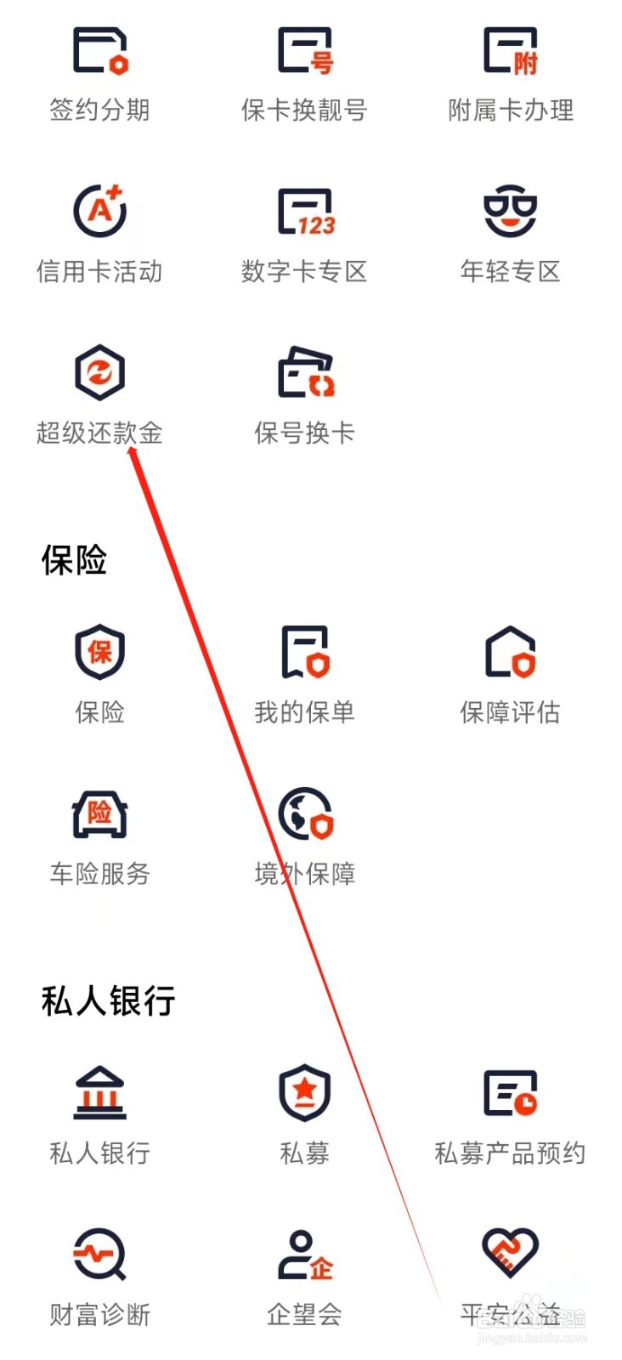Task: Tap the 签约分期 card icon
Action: coord(100,51)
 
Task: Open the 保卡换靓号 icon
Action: coord(305,51)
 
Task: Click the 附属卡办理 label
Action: coord(511,110)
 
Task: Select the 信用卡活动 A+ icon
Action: coord(100,211)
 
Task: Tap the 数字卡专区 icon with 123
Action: coord(305,212)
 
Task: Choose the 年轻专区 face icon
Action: coord(510,211)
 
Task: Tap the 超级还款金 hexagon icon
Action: coord(100,372)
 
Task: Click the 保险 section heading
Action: coord(74,560)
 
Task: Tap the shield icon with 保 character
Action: coord(100,651)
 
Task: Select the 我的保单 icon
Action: coord(305,652)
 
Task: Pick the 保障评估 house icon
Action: coord(510,652)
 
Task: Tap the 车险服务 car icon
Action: coord(100,813)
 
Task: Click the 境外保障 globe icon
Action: coord(305,813)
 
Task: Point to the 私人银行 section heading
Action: coord(108,1001)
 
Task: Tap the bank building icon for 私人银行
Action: coord(100,1092)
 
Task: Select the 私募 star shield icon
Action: coord(305,1092)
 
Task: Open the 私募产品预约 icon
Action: coord(510,1093)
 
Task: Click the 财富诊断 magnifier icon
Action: coord(100,1254)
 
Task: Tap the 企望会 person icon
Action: coord(305,1255)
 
